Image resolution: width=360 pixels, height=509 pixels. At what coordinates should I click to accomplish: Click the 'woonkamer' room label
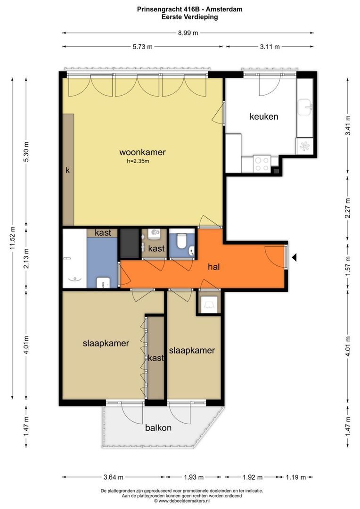pyautogui.click(x=142, y=152)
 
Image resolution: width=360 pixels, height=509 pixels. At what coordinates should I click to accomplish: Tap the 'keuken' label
pyautogui.click(x=264, y=116)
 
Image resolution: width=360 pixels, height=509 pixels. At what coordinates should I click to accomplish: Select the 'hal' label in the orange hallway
pyautogui.click(x=214, y=266)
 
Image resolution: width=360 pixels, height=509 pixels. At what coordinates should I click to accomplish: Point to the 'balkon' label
pyautogui.click(x=158, y=427)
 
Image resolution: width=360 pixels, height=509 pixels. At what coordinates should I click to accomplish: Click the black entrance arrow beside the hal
pyautogui.click(x=294, y=257)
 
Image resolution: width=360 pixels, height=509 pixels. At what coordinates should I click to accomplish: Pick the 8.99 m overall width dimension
pyautogui.click(x=188, y=33)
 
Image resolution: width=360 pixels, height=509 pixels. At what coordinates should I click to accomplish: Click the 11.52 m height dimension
pyautogui.click(x=13, y=237)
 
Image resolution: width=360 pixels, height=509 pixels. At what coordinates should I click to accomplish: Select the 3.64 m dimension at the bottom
pyautogui.click(x=113, y=477)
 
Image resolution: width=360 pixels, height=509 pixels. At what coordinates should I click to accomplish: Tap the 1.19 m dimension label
pyautogui.click(x=296, y=477)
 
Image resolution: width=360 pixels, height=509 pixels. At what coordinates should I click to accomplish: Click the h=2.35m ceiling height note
pyautogui.click(x=138, y=161)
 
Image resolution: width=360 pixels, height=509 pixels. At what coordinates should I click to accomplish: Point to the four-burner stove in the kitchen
pyautogui.click(x=262, y=164)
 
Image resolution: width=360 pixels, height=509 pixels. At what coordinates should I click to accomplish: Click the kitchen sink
pyautogui.click(x=305, y=107)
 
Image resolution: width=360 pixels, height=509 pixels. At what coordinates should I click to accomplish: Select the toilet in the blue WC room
pyautogui.click(x=180, y=240)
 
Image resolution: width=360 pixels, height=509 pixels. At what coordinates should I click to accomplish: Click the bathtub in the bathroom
pyautogui.click(x=74, y=258)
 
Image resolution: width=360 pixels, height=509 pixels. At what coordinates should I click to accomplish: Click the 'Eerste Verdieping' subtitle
pyautogui.click(x=189, y=17)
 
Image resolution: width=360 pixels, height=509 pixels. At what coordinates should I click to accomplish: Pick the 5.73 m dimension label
pyautogui.click(x=142, y=47)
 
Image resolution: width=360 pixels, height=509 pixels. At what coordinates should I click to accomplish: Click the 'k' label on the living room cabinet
pyautogui.click(x=67, y=170)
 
